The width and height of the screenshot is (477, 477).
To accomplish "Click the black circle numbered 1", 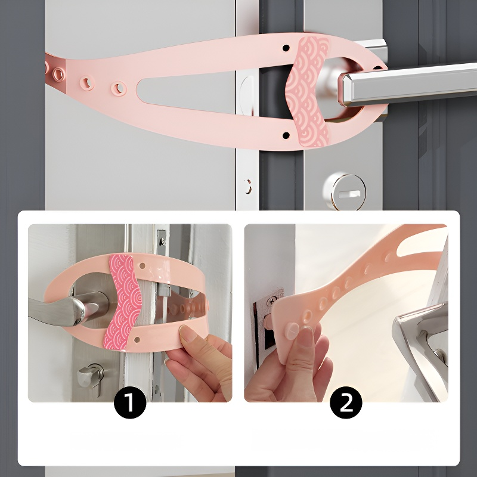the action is pyautogui.click(x=130, y=402).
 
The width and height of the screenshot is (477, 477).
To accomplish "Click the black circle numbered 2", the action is pyautogui.click(x=346, y=402).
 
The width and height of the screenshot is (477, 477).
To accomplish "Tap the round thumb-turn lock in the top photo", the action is pyautogui.click(x=345, y=191).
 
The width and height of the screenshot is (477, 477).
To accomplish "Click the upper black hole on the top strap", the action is pyautogui.click(x=286, y=48).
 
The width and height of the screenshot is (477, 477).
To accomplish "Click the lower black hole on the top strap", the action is pyautogui.click(x=286, y=135).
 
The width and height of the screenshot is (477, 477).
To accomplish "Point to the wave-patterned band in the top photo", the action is pyautogui.click(x=307, y=91).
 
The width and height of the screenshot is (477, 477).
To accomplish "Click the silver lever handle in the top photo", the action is pyautogui.click(x=408, y=83).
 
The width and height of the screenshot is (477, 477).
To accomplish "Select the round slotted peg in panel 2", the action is pyautogui.click(x=292, y=329).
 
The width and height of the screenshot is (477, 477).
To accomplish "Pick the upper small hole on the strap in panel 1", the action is pyautogui.click(x=142, y=266).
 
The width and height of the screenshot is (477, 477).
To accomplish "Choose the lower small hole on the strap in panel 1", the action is pyautogui.click(x=137, y=339).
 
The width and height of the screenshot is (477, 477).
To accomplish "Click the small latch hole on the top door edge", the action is pyautogui.click(x=248, y=186).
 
